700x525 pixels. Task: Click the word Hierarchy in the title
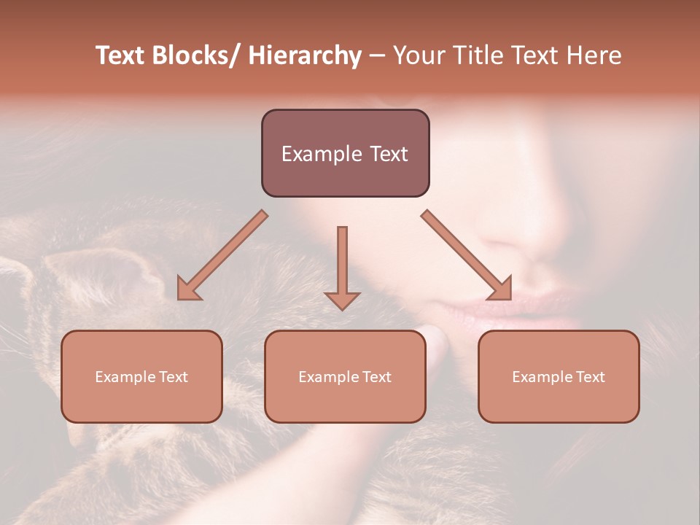coord(305,55)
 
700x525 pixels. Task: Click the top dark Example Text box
coord(345,153)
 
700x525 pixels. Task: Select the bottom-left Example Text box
coord(141,376)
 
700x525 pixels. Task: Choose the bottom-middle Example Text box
coord(345,376)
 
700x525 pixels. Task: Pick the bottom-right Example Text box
coord(559,376)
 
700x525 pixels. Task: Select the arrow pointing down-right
coord(467,255)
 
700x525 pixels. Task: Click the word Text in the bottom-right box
coord(590,376)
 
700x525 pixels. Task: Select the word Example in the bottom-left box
coord(125,377)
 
